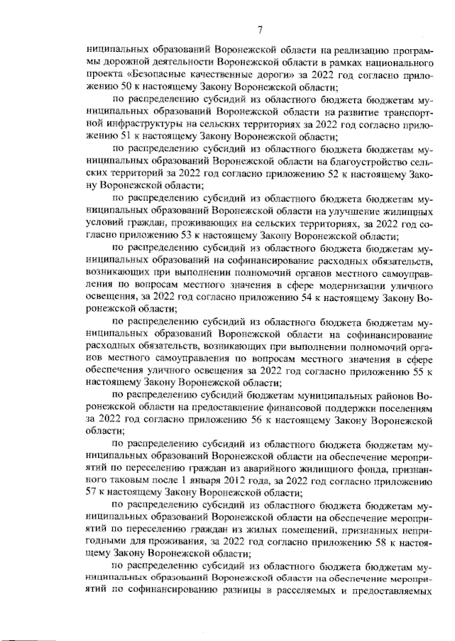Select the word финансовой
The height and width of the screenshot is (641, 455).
pos(288,407)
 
